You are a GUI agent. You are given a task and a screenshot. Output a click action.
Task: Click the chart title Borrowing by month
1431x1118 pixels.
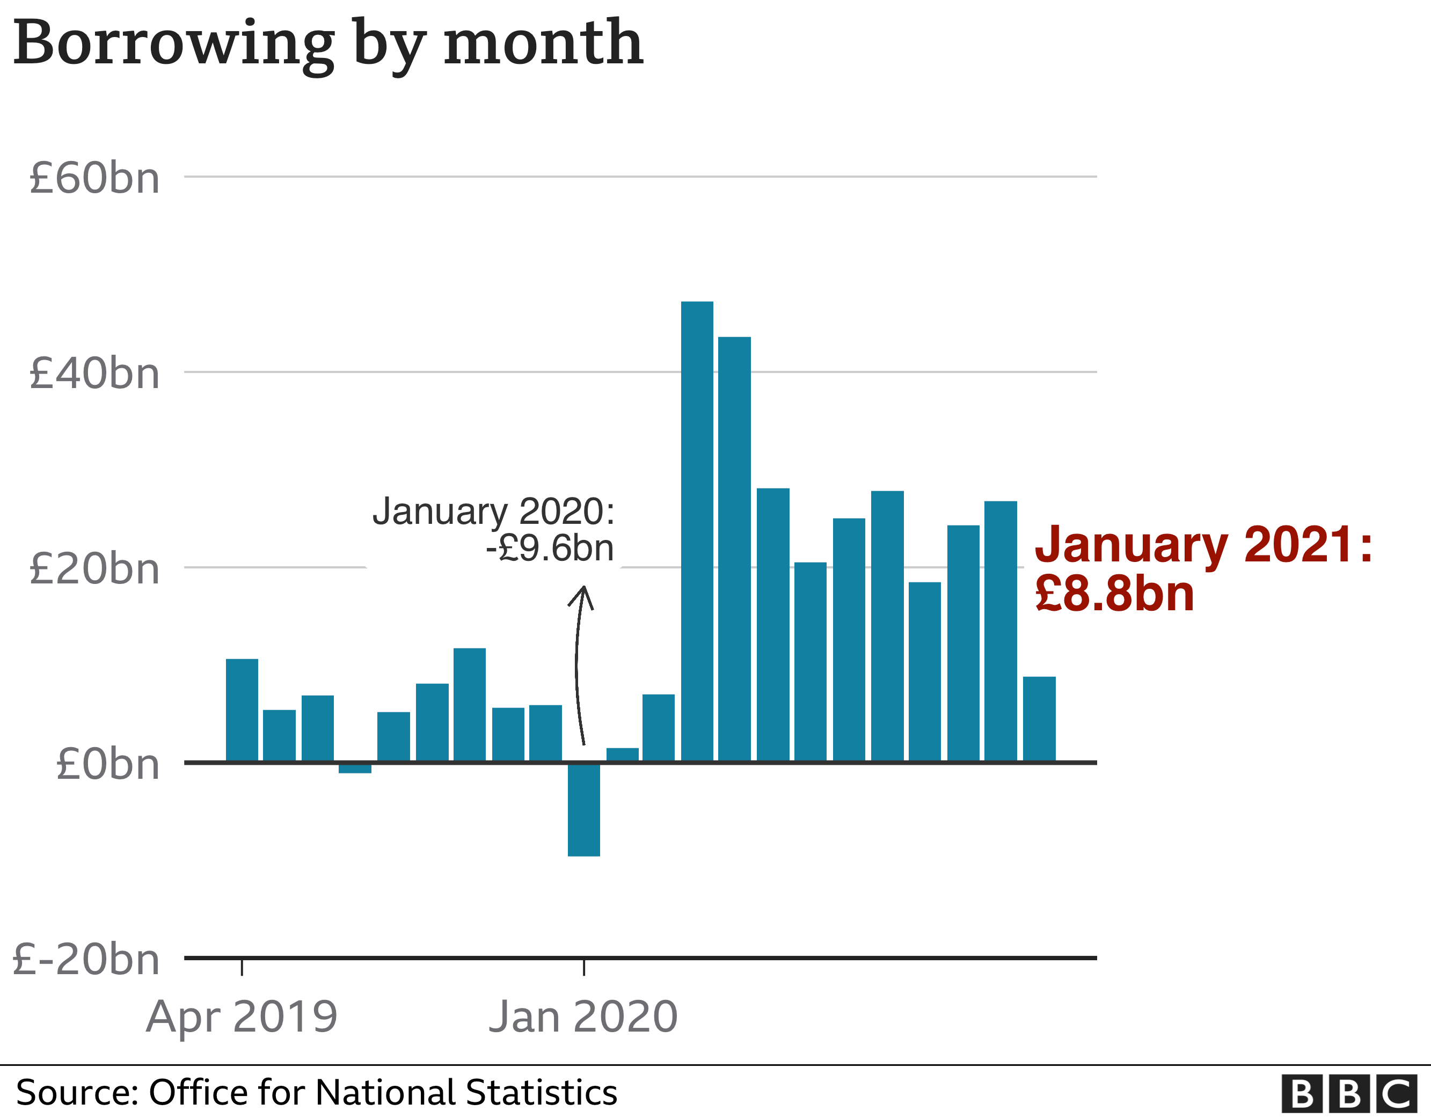pyautogui.click(x=327, y=45)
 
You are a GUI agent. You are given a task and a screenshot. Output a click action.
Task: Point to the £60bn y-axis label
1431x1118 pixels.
pyautogui.click(x=95, y=178)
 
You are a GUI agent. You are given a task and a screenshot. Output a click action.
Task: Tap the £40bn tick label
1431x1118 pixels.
pyautogui.click(x=95, y=374)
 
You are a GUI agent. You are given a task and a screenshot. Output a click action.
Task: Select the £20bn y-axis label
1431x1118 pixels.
pyautogui.click(x=95, y=569)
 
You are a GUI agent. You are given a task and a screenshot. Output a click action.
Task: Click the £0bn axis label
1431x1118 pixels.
pyautogui.click(x=108, y=764)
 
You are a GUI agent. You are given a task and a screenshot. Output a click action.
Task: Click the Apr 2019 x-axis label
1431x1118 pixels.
pyautogui.click(x=242, y=1017)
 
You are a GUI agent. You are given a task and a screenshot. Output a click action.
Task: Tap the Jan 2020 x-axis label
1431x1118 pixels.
pyautogui.click(x=583, y=1017)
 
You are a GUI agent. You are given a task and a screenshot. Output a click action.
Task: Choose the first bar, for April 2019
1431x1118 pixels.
pyautogui.click(x=242, y=711)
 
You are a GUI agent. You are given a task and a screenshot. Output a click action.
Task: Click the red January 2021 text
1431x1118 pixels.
pyautogui.click(x=1203, y=544)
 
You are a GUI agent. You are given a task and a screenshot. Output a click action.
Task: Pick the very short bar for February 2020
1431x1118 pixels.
pyautogui.click(x=623, y=754)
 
